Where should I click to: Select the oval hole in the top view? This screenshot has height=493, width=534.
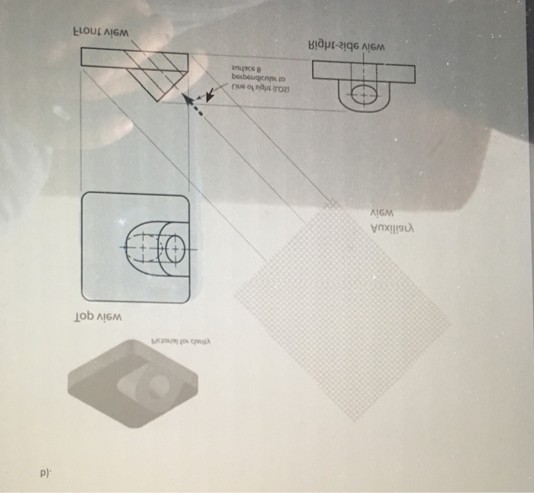(169, 248)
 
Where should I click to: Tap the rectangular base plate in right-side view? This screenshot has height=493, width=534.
(363, 72)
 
